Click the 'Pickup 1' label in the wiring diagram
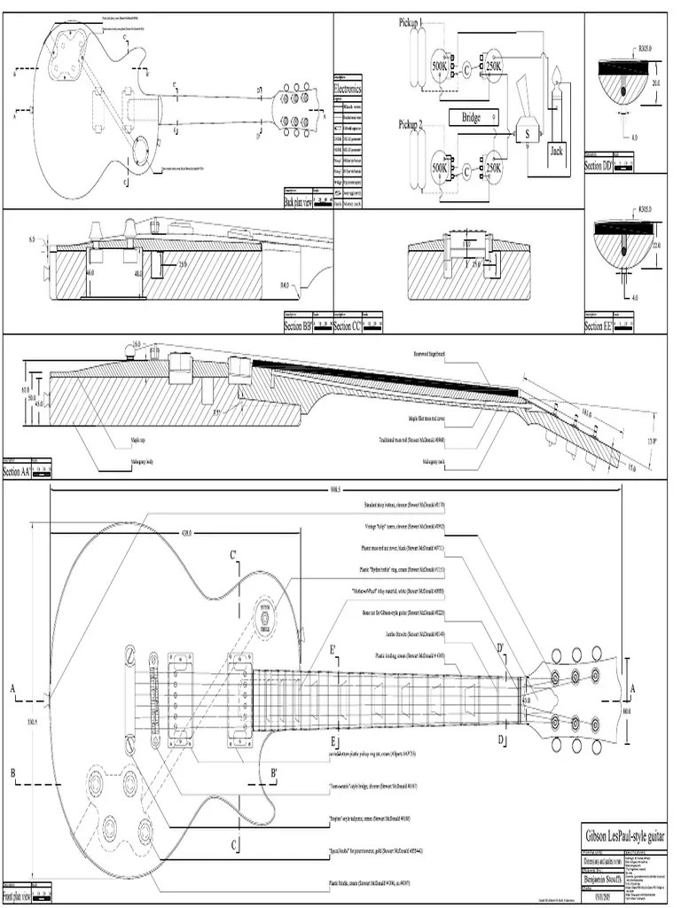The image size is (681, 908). pos(411,23)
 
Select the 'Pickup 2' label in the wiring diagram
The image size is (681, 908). pos(411,125)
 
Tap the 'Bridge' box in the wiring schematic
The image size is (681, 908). pos(471,118)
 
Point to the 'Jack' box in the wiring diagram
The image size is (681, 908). pos(556,151)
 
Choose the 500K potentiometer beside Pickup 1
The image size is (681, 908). pos(441,67)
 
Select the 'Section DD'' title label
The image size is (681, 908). pos(599,165)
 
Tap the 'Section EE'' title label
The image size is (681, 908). pos(599,326)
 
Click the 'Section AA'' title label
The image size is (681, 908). pos(18,472)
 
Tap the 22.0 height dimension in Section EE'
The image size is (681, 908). pos(657,245)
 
